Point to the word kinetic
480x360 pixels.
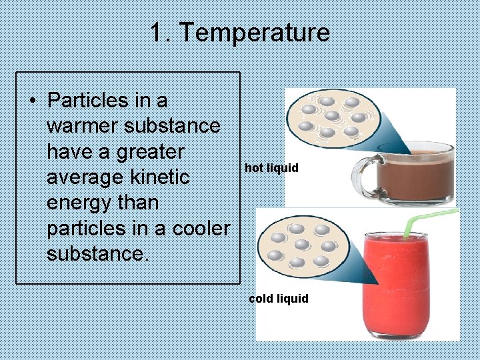(161, 177)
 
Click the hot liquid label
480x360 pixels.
(271, 168)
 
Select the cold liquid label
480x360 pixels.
(279, 299)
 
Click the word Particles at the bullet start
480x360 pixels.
(88, 101)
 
